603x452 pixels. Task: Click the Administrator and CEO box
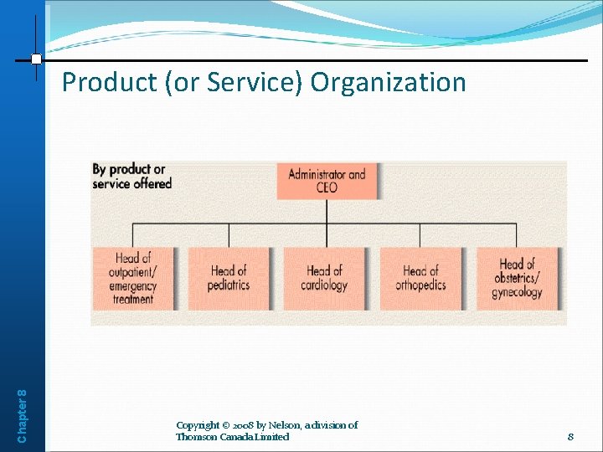click(327, 181)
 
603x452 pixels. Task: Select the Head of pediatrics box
click(229, 278)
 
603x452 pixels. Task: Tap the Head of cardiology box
click(324, 278)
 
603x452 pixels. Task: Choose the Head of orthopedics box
click(420, 278)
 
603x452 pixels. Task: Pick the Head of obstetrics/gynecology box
click(517, 278)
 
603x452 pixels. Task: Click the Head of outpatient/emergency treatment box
click(132, 278)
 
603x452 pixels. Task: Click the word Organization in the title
click(389, 82)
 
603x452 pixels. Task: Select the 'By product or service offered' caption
click(131, 176)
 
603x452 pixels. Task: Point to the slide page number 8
click(570, 436)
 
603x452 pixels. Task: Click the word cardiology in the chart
click(324, 285)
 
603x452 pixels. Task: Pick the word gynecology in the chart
click(518, 292)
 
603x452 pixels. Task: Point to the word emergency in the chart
click(132, 285)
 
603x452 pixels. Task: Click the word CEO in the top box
click(327, 187)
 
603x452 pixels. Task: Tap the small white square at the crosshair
click(36, 59)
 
